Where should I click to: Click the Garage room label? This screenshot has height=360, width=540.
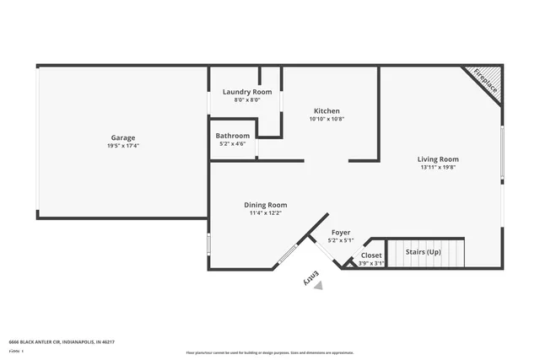click(122, 137)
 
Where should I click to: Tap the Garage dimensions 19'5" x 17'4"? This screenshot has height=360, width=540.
click(122, 146)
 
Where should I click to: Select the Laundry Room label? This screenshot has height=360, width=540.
click(247, 91)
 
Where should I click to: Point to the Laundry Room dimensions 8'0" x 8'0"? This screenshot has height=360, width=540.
click(247, 99)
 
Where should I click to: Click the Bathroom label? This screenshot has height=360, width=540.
click(232, 136)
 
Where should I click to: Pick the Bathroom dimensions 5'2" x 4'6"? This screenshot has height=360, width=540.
click(232, 144)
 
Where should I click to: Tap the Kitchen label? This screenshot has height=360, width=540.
click(327, 111)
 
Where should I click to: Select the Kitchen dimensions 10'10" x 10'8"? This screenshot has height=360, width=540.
click(327, 120)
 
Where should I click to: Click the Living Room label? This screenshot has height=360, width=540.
click(438, 159)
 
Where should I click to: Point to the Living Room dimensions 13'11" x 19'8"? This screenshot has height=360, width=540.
click(438, 167)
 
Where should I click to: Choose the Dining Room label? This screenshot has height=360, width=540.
click(266, 204)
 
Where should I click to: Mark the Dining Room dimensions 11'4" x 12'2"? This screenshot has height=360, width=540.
click(266, 212)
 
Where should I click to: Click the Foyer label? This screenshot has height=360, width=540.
click(340, 232)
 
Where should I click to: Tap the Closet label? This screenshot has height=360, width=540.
click(371, 255)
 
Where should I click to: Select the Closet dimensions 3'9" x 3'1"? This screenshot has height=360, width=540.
click(371, 263)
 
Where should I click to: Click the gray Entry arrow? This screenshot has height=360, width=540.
click(318, 286)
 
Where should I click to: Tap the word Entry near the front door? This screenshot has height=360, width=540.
click(310, 276)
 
